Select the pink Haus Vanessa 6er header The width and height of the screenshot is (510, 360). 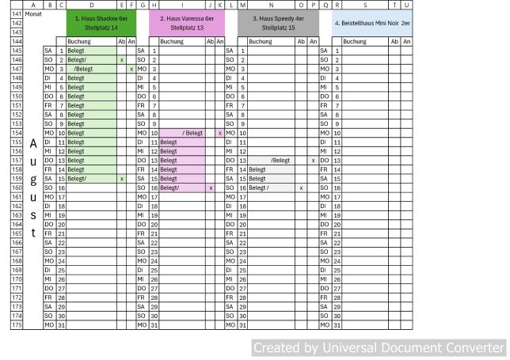[187, 21]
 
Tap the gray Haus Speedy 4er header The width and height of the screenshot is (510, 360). [277, 21]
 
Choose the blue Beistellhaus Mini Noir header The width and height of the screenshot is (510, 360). [371, 23]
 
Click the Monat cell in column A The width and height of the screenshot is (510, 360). [33, 14]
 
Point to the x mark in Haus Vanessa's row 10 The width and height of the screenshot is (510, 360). [219, 133]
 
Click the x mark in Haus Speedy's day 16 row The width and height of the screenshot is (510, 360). [301, 188]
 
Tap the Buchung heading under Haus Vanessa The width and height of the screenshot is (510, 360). [172, 41]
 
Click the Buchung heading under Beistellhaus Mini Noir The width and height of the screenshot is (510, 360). [354, 41]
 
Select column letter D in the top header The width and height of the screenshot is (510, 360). [91, 5]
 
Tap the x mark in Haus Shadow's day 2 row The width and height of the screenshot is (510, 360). [121, 59]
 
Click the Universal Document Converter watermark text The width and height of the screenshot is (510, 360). [378, 347]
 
